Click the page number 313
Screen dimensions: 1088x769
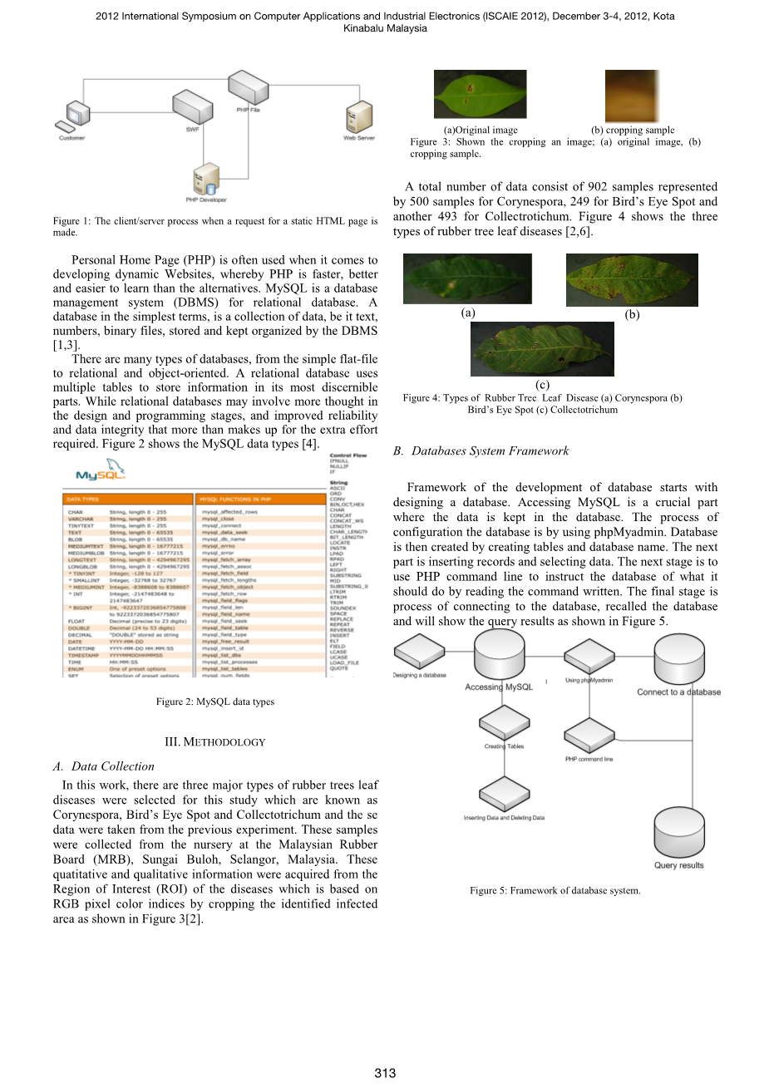pos(385,1073)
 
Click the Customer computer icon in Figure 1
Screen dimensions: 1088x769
pos(75,116)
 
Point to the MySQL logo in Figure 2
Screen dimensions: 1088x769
pos(101,475)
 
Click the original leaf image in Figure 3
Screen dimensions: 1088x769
pos(480,95)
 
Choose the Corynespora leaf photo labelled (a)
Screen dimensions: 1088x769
pos(467,278)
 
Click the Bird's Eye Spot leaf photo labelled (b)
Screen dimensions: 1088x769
pos(632,280)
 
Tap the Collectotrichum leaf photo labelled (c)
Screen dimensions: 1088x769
pos(542,349)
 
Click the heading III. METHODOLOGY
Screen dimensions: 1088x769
pos(215,742)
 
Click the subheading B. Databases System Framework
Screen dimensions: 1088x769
pos(481,450)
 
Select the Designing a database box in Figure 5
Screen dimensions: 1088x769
pos(419,652)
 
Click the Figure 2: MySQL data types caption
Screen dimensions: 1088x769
pos(215,702)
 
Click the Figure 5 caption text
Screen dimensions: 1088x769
pos(555,890)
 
